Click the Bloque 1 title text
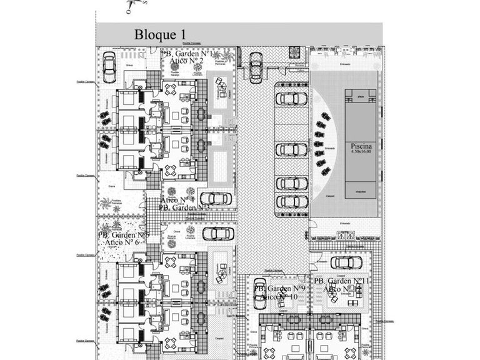coord(161,34)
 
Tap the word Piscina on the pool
coord(361,144)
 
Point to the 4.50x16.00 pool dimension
coord(361,151)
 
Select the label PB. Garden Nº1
coord(188,54)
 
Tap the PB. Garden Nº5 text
coord(123,235)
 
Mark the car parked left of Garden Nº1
coord(109,66)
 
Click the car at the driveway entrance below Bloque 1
coord(255,66)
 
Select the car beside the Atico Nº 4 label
coord(215,199)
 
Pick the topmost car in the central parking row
coord(291,99)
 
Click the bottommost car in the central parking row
coord(291,202)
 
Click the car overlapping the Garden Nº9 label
coord(259,292)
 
